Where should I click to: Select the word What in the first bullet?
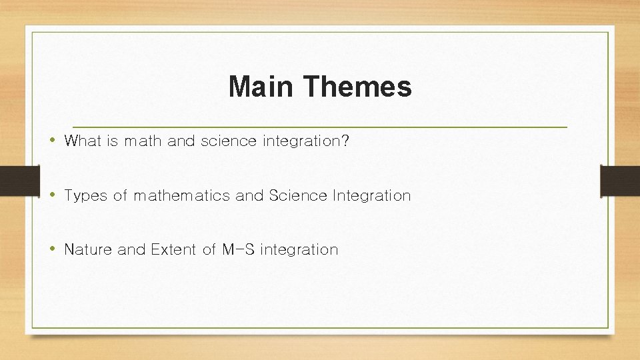[82, 141]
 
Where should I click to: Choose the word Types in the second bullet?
[85, 195]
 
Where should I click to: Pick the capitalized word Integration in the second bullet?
[371, 195]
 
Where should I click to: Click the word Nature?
[88, 249]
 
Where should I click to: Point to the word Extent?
[174, 249]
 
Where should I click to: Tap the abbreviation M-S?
[237, 249]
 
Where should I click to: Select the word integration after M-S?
[299, 249]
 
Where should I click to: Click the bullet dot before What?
[52, 141]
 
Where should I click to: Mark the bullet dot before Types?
[52, 195]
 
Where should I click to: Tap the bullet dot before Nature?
[52, 249]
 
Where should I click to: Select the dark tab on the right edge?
[620, 180]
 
